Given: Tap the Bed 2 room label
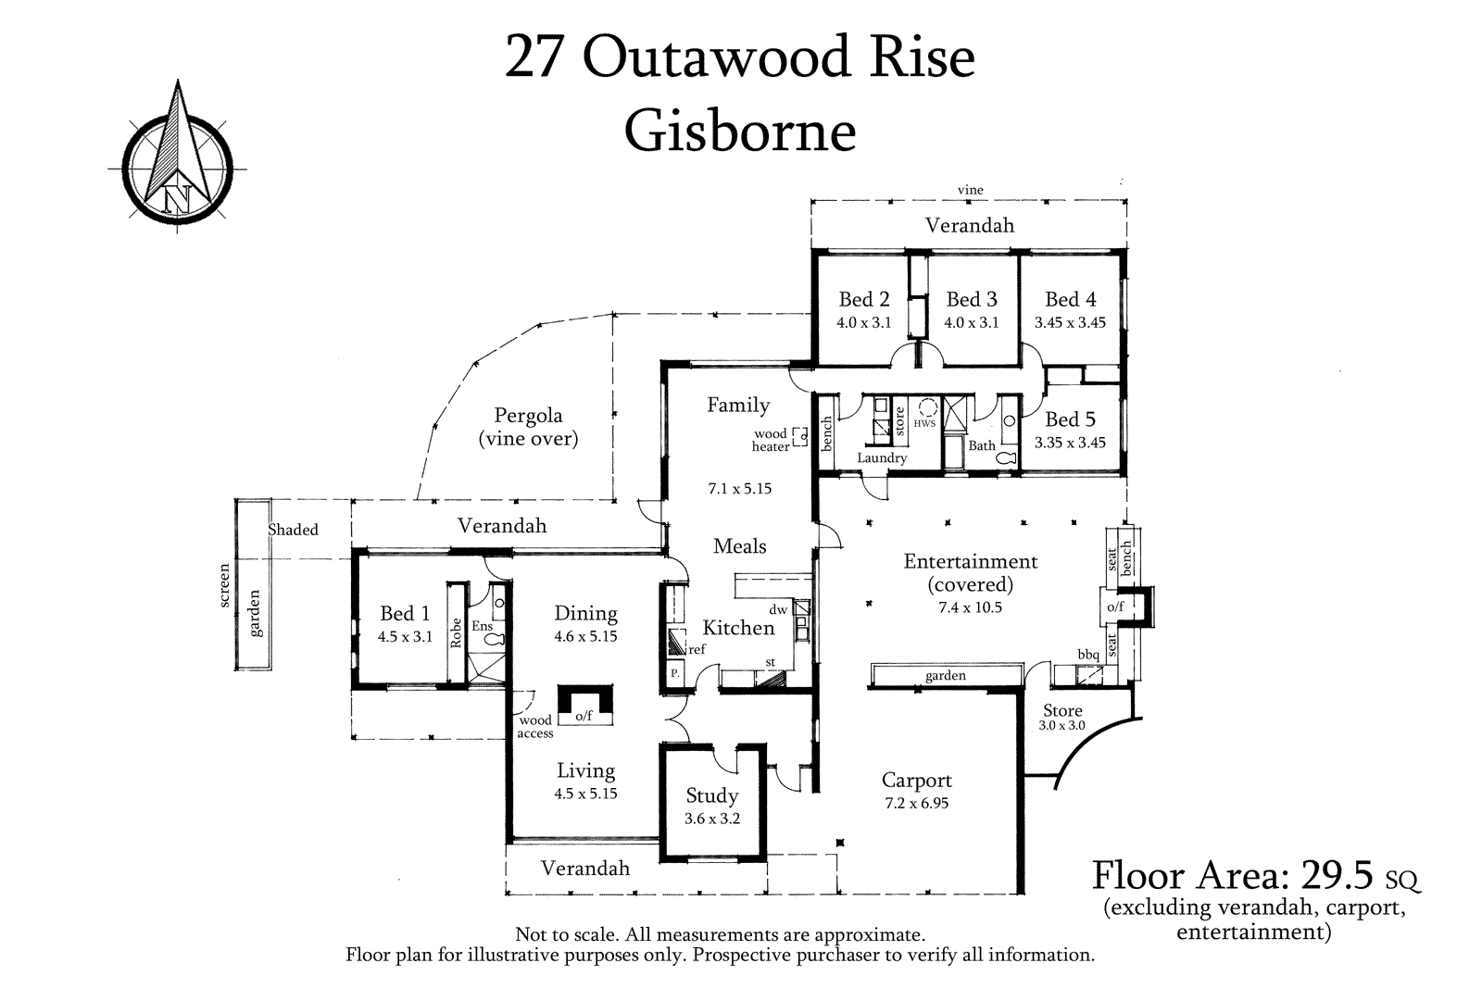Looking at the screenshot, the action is click(x=863, y=299).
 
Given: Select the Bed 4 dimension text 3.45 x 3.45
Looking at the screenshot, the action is click(x=1070, y=322).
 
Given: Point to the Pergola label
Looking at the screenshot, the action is click(x=528, y=416).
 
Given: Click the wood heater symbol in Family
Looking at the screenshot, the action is click(x=800, y=438).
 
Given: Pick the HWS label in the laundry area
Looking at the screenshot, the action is click(x=924, y=423).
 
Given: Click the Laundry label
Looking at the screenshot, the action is click(x=882, y=457).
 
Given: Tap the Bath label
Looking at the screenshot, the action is click(x=982, y=445).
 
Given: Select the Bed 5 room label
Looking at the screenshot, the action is click(x=1070, y=419).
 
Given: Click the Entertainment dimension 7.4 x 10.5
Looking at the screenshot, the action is click(x=970, y=607).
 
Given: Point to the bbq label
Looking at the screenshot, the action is click(x=1088, y=655).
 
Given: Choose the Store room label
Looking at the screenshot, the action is click(x=1062, y=710).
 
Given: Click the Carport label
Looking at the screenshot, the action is click(x=916, y=781).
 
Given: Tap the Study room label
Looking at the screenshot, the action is click(x=711, y=795).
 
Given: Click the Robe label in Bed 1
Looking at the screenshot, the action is click(x=456, y=632).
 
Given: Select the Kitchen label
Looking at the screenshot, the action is click(x=738, y=628).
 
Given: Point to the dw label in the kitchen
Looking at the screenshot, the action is click(x=778, y=610).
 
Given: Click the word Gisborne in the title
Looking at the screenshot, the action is click(x=739, y=131).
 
